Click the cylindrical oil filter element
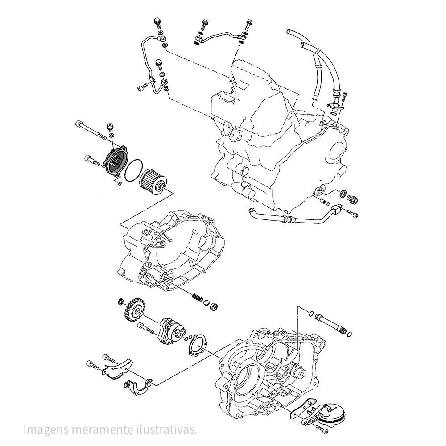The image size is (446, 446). click(153, 182)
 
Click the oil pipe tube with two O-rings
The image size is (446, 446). click(330, 323)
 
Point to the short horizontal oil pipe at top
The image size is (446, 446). click(220, 35)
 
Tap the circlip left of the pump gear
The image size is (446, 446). click(120, 302)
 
